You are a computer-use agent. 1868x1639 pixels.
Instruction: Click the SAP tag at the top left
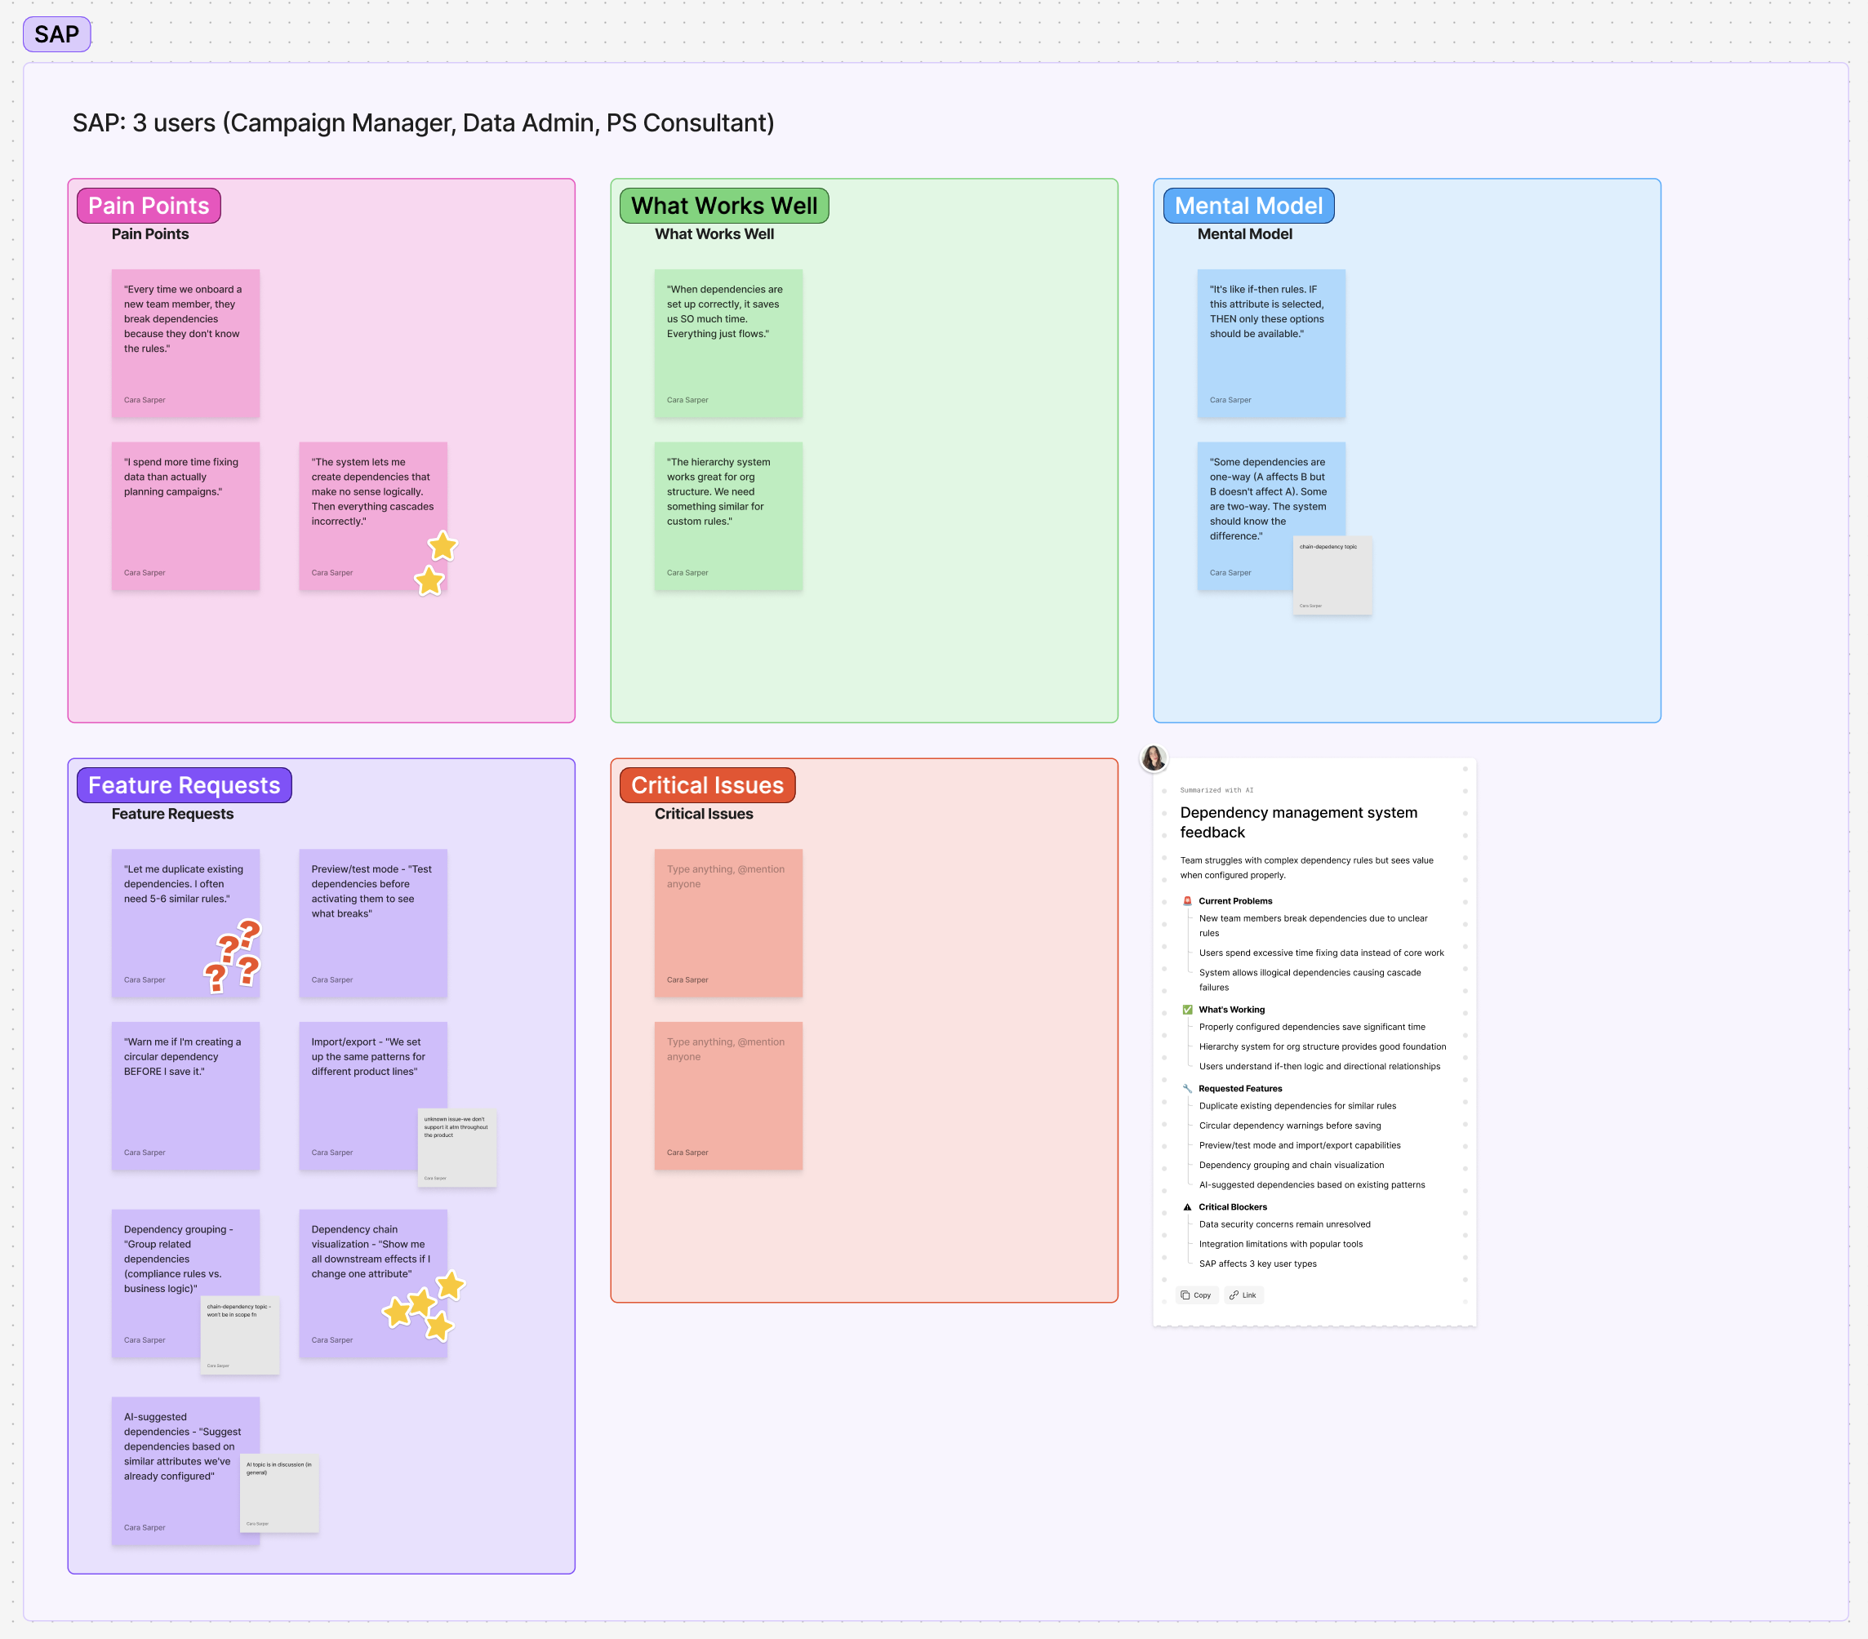[x=56, y=35]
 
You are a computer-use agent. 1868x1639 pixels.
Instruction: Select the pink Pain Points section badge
[x=148, y=206]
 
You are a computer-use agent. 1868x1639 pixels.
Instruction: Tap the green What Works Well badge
[x=724, y=206]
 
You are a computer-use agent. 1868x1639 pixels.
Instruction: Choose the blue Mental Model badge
[x=1248, y=206]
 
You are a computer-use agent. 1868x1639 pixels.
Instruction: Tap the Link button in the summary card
[x=1243, y=1295]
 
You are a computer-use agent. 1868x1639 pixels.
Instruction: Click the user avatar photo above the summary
[x=1154, y=757]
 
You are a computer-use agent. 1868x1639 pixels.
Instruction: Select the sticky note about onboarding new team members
[x=185, y=344]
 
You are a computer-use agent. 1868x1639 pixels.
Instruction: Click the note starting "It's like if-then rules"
[x=1270, y=344]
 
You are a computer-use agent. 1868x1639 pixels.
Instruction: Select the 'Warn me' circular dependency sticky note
[x=185, y=1096]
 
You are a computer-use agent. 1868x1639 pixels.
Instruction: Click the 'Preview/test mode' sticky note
[x=373, y=922]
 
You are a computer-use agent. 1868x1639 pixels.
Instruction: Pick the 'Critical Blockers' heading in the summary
[x=1232, y=1207]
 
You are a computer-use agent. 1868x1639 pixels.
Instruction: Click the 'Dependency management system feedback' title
[x=1298, y=822]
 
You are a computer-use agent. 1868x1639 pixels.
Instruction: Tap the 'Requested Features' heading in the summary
[x=1239, y=1088]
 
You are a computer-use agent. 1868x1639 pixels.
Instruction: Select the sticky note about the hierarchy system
[x=727, y=516]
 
